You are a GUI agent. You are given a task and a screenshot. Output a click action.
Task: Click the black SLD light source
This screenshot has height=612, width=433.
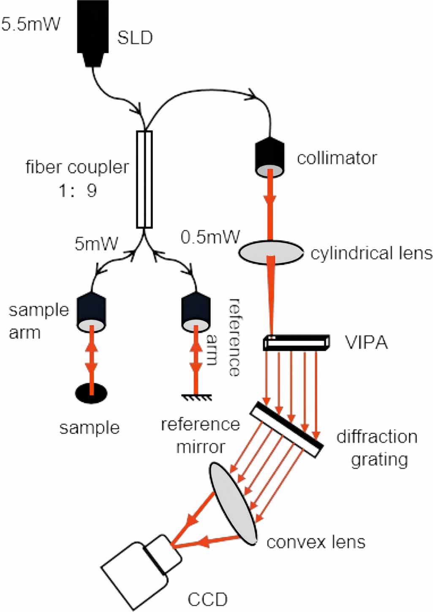93,32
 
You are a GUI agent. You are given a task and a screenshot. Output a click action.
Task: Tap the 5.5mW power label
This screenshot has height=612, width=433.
31,24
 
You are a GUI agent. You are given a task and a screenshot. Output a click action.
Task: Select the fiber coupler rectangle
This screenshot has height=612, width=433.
144,179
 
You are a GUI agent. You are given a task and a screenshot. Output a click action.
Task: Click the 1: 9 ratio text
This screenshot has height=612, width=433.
78,190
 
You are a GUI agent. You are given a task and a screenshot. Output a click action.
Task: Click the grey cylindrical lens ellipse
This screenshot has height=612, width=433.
271,253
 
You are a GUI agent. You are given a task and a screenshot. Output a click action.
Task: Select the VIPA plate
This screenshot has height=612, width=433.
296,342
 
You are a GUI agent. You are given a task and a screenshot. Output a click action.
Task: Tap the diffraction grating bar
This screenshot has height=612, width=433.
287,429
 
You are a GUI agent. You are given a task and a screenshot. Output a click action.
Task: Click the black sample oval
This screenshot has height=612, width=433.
91,393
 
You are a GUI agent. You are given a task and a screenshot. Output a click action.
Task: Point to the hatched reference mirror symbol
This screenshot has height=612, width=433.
196,397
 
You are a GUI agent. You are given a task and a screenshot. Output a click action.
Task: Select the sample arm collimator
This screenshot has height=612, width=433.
91,313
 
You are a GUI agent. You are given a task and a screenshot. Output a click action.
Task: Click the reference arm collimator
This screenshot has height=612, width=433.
196,313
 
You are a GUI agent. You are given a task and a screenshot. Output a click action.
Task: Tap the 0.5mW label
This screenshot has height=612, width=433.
210,237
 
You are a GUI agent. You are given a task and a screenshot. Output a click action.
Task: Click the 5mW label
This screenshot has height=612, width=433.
96,244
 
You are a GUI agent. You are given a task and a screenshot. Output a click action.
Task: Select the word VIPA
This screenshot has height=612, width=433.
366,343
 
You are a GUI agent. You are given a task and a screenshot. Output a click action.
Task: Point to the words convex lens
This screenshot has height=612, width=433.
316,542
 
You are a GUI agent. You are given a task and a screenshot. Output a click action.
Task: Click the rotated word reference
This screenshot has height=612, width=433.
234,337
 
